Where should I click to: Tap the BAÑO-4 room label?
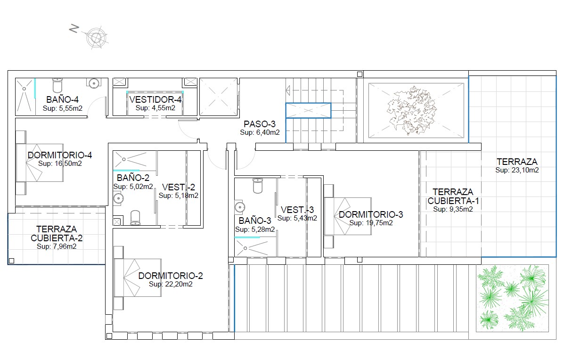pos(63,99)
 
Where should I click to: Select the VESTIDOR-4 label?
pos(155,99)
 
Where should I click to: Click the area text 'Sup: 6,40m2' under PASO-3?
pos(260,132)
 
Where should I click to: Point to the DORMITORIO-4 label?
pos(60,155)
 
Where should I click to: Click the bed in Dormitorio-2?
pos(138,278)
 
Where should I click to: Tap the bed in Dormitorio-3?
pos(347,216)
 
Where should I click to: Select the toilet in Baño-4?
pos(57,86)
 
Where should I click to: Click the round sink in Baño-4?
pos(94,83)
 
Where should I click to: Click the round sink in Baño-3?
pos(240,207)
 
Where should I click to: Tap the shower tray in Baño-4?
pos(25,97)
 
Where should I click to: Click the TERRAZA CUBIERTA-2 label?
pos(57,233)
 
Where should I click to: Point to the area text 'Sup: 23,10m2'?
pos(517,170)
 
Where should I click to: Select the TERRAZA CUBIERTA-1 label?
pos(453,196)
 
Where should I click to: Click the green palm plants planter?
pos(512,298)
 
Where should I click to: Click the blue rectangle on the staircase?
pos(308,110)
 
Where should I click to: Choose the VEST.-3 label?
pos(297,210)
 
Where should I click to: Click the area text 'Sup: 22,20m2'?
pos(171,284)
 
